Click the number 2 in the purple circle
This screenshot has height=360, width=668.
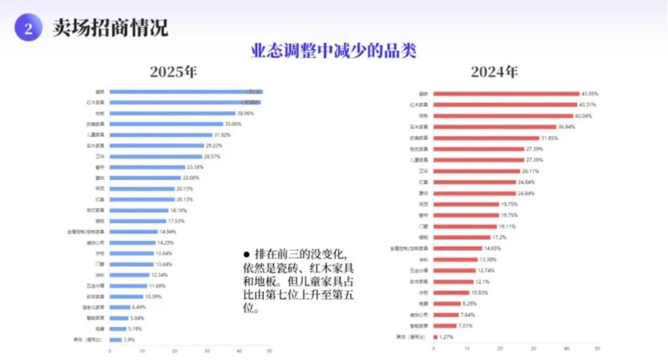click(28, 28)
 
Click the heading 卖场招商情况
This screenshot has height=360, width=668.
click(110, 28)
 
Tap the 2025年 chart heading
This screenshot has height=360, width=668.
click(173, 72)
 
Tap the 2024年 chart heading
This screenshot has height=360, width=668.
click(494, 72)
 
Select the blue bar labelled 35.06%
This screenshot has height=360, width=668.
click(166, 124)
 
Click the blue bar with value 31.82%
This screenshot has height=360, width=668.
click(160, 135)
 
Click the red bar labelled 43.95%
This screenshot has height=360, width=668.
click(506, 94)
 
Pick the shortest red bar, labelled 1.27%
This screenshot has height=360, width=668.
click(435, 337)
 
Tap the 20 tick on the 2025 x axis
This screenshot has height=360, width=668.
click(174, 351)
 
